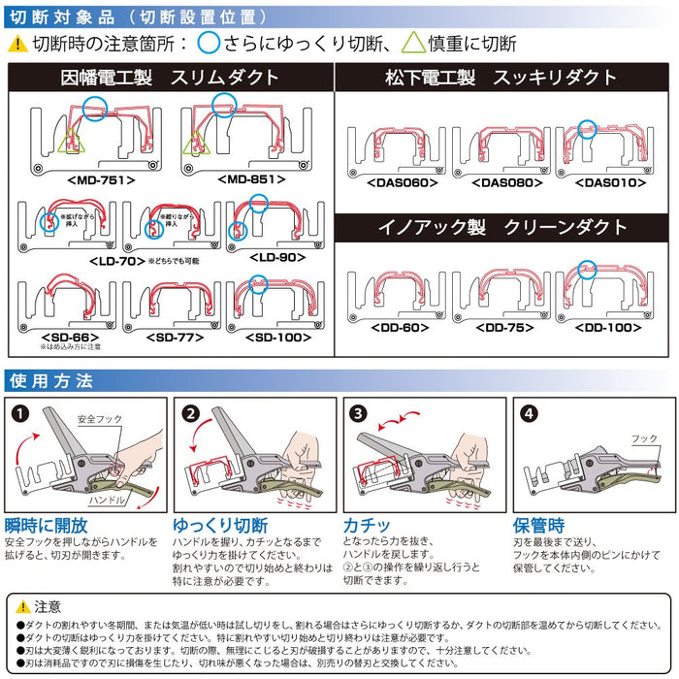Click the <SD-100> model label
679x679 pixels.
pos(275,336)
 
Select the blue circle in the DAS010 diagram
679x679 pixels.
pos(588,127)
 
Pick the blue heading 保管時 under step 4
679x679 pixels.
pos(539,525)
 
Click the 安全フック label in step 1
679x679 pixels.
pos(99,419)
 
